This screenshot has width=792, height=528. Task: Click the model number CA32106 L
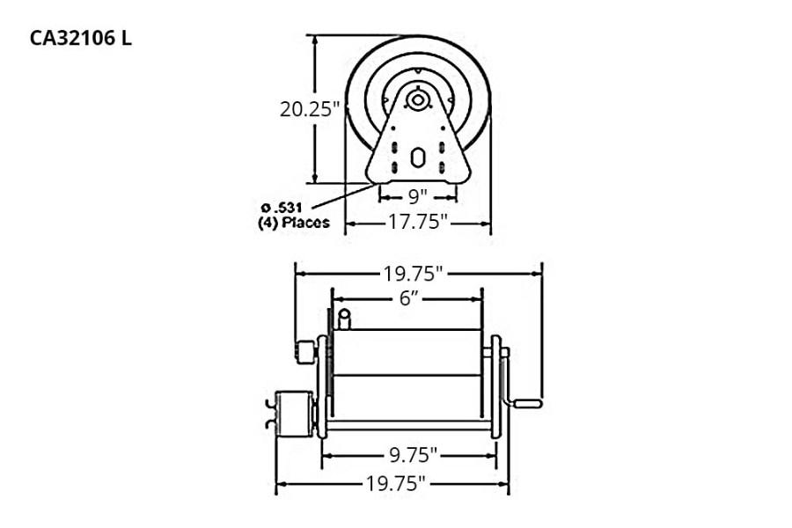coord(82,39)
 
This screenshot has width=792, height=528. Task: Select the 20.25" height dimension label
coord(310,109)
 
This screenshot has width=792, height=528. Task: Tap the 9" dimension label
coord(417,194)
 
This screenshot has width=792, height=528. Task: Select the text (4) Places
coord(288,223)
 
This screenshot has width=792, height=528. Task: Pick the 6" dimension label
coord(407,298)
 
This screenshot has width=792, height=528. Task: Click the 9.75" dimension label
coord(409,455)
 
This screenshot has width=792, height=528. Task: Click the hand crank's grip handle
coord(528,404)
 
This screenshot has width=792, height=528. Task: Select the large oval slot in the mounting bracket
coord(417,161)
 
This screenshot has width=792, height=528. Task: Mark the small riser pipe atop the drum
coord(345,318)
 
